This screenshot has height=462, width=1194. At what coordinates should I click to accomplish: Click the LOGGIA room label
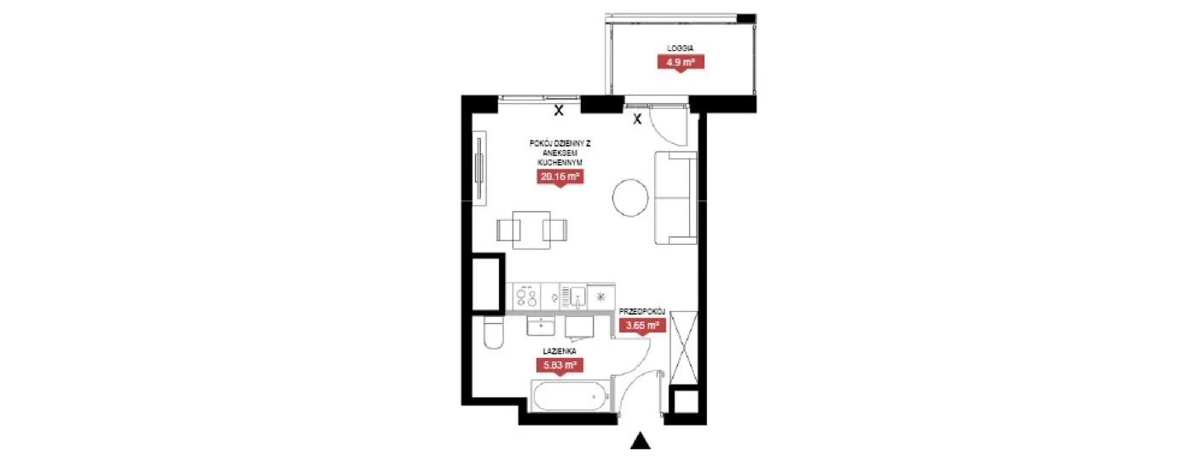pos(681,48)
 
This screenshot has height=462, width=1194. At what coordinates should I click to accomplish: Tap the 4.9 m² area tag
pos(681,62)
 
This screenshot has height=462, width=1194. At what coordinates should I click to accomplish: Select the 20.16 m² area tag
pos(559,176)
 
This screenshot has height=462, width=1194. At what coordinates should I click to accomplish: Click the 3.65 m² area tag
pos(642,325)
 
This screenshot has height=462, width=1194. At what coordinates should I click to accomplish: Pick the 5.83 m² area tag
pos(559,365)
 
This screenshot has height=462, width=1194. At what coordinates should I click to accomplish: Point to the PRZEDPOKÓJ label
pos(642,311)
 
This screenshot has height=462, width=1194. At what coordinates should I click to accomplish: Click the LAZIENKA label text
pos(559,351)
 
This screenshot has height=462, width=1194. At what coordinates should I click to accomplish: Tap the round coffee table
pos(630,198)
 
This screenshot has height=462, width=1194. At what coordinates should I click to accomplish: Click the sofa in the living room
pos(675,198)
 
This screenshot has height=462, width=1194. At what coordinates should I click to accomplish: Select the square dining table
pos(531,229)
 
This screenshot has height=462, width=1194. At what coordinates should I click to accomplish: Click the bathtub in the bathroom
pos(571,396)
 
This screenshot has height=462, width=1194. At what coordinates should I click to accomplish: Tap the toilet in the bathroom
pos(493,333)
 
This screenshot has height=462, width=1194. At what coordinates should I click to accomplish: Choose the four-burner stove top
pos(527,297)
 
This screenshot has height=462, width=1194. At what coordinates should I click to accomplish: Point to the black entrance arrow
pos(640,442)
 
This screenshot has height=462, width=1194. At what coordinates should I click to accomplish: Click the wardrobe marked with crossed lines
pos(684,348)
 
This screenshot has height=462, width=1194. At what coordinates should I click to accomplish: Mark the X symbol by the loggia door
pos(637,119)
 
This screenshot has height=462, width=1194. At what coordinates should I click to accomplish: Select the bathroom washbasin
pos(541,326)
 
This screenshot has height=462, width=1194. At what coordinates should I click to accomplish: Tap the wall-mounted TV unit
pos(479,168)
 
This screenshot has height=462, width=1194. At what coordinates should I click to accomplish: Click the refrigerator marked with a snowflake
pos(600,297)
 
